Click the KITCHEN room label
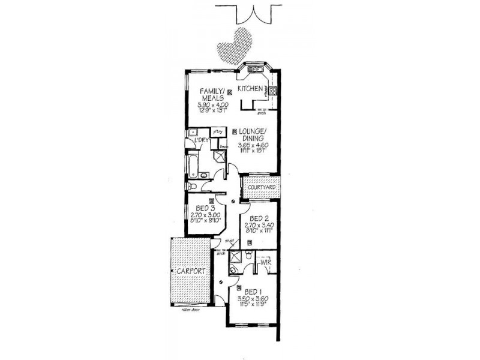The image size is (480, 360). (x=251, y=88)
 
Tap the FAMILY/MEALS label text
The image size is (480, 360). (x=212, y=95)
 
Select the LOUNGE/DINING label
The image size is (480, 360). (x=251, y=134)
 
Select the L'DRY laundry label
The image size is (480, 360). (x=199, y=140)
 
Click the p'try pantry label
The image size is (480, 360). (x=218, y=131)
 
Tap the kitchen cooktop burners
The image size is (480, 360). (x=272, y=91)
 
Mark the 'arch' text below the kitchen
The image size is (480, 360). (x=260, y=115)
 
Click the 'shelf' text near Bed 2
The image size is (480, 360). (x=229, y=241)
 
